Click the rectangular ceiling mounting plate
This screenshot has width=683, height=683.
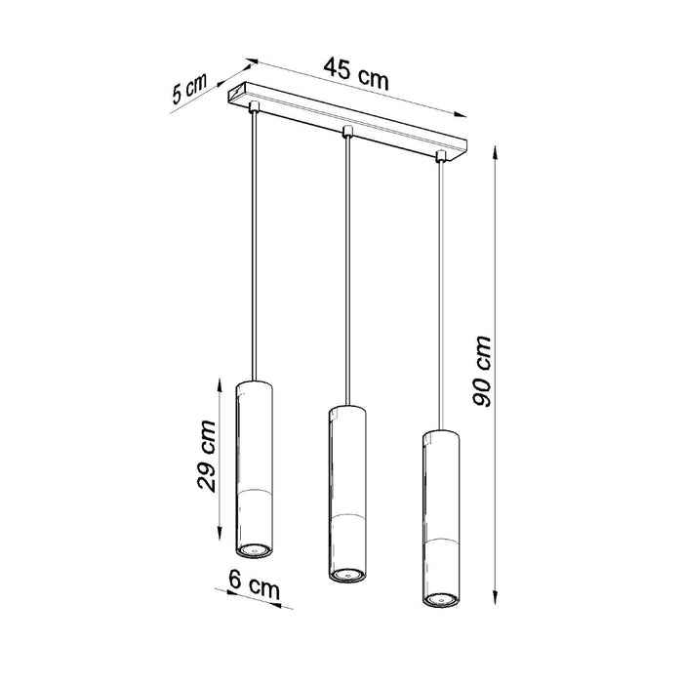(346, 121)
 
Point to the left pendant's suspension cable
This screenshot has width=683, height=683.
(254, 244)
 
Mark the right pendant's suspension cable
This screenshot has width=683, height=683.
(440, 293)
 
